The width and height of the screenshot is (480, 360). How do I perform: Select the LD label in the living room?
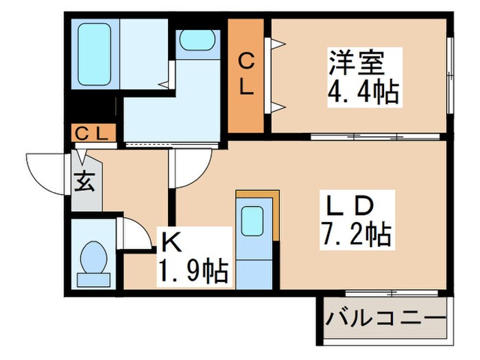click(348, 206)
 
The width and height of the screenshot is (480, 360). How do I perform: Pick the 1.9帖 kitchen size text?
click(193, 272)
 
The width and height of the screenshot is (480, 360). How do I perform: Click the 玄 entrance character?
click(84, 183)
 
